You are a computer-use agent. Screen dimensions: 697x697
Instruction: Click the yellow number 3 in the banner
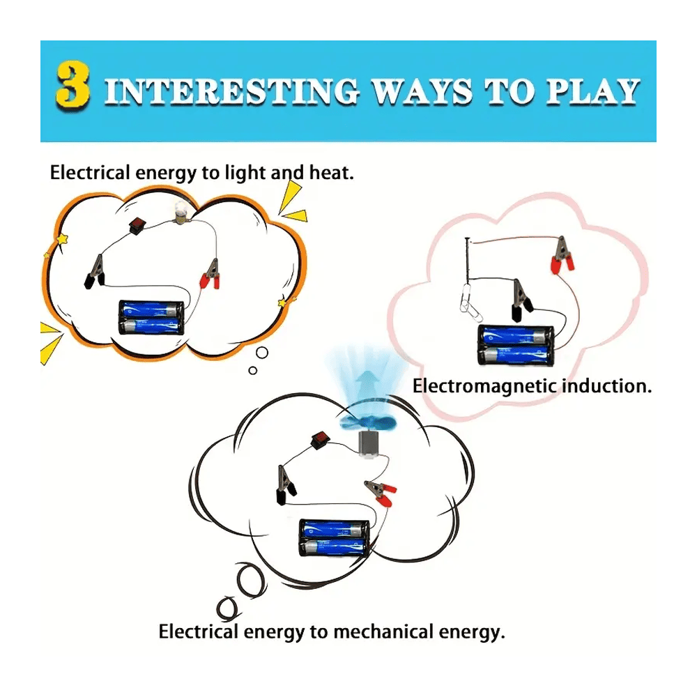coord(73,85)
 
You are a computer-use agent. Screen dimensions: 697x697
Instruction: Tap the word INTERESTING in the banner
coord(231,91)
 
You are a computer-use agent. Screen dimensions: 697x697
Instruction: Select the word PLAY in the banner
coord(593,91)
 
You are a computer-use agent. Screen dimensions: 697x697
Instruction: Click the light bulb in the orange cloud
coord(181,212)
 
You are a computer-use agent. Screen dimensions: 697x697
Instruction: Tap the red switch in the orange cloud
coord(138,225)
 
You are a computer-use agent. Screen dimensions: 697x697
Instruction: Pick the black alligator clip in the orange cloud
coord(95,272)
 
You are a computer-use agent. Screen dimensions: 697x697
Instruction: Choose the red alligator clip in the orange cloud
coord(211,275)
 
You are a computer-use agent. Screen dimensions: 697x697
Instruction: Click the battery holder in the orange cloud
coord(151,317)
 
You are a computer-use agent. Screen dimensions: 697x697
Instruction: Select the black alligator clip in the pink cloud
coord(521,300)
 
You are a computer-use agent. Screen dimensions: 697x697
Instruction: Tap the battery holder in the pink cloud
coord(516,346)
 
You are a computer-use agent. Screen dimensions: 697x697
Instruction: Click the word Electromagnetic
coord(484,386)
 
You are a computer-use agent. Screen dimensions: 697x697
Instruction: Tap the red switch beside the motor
coord(320,440)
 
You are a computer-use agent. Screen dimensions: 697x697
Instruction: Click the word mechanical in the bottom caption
coord(383,631)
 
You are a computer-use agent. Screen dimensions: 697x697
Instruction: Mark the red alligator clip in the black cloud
coord(381,493)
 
